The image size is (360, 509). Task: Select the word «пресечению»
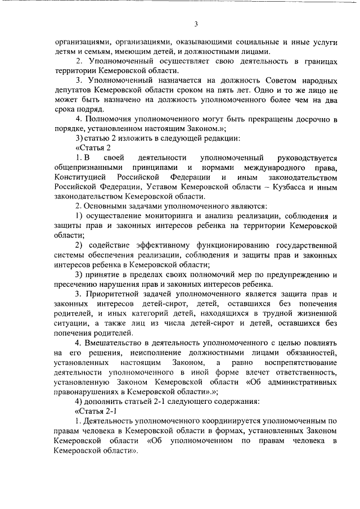pyautogui.click(x=78, y=285)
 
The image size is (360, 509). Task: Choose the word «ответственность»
pyautogui.click(x=306, y=372)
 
